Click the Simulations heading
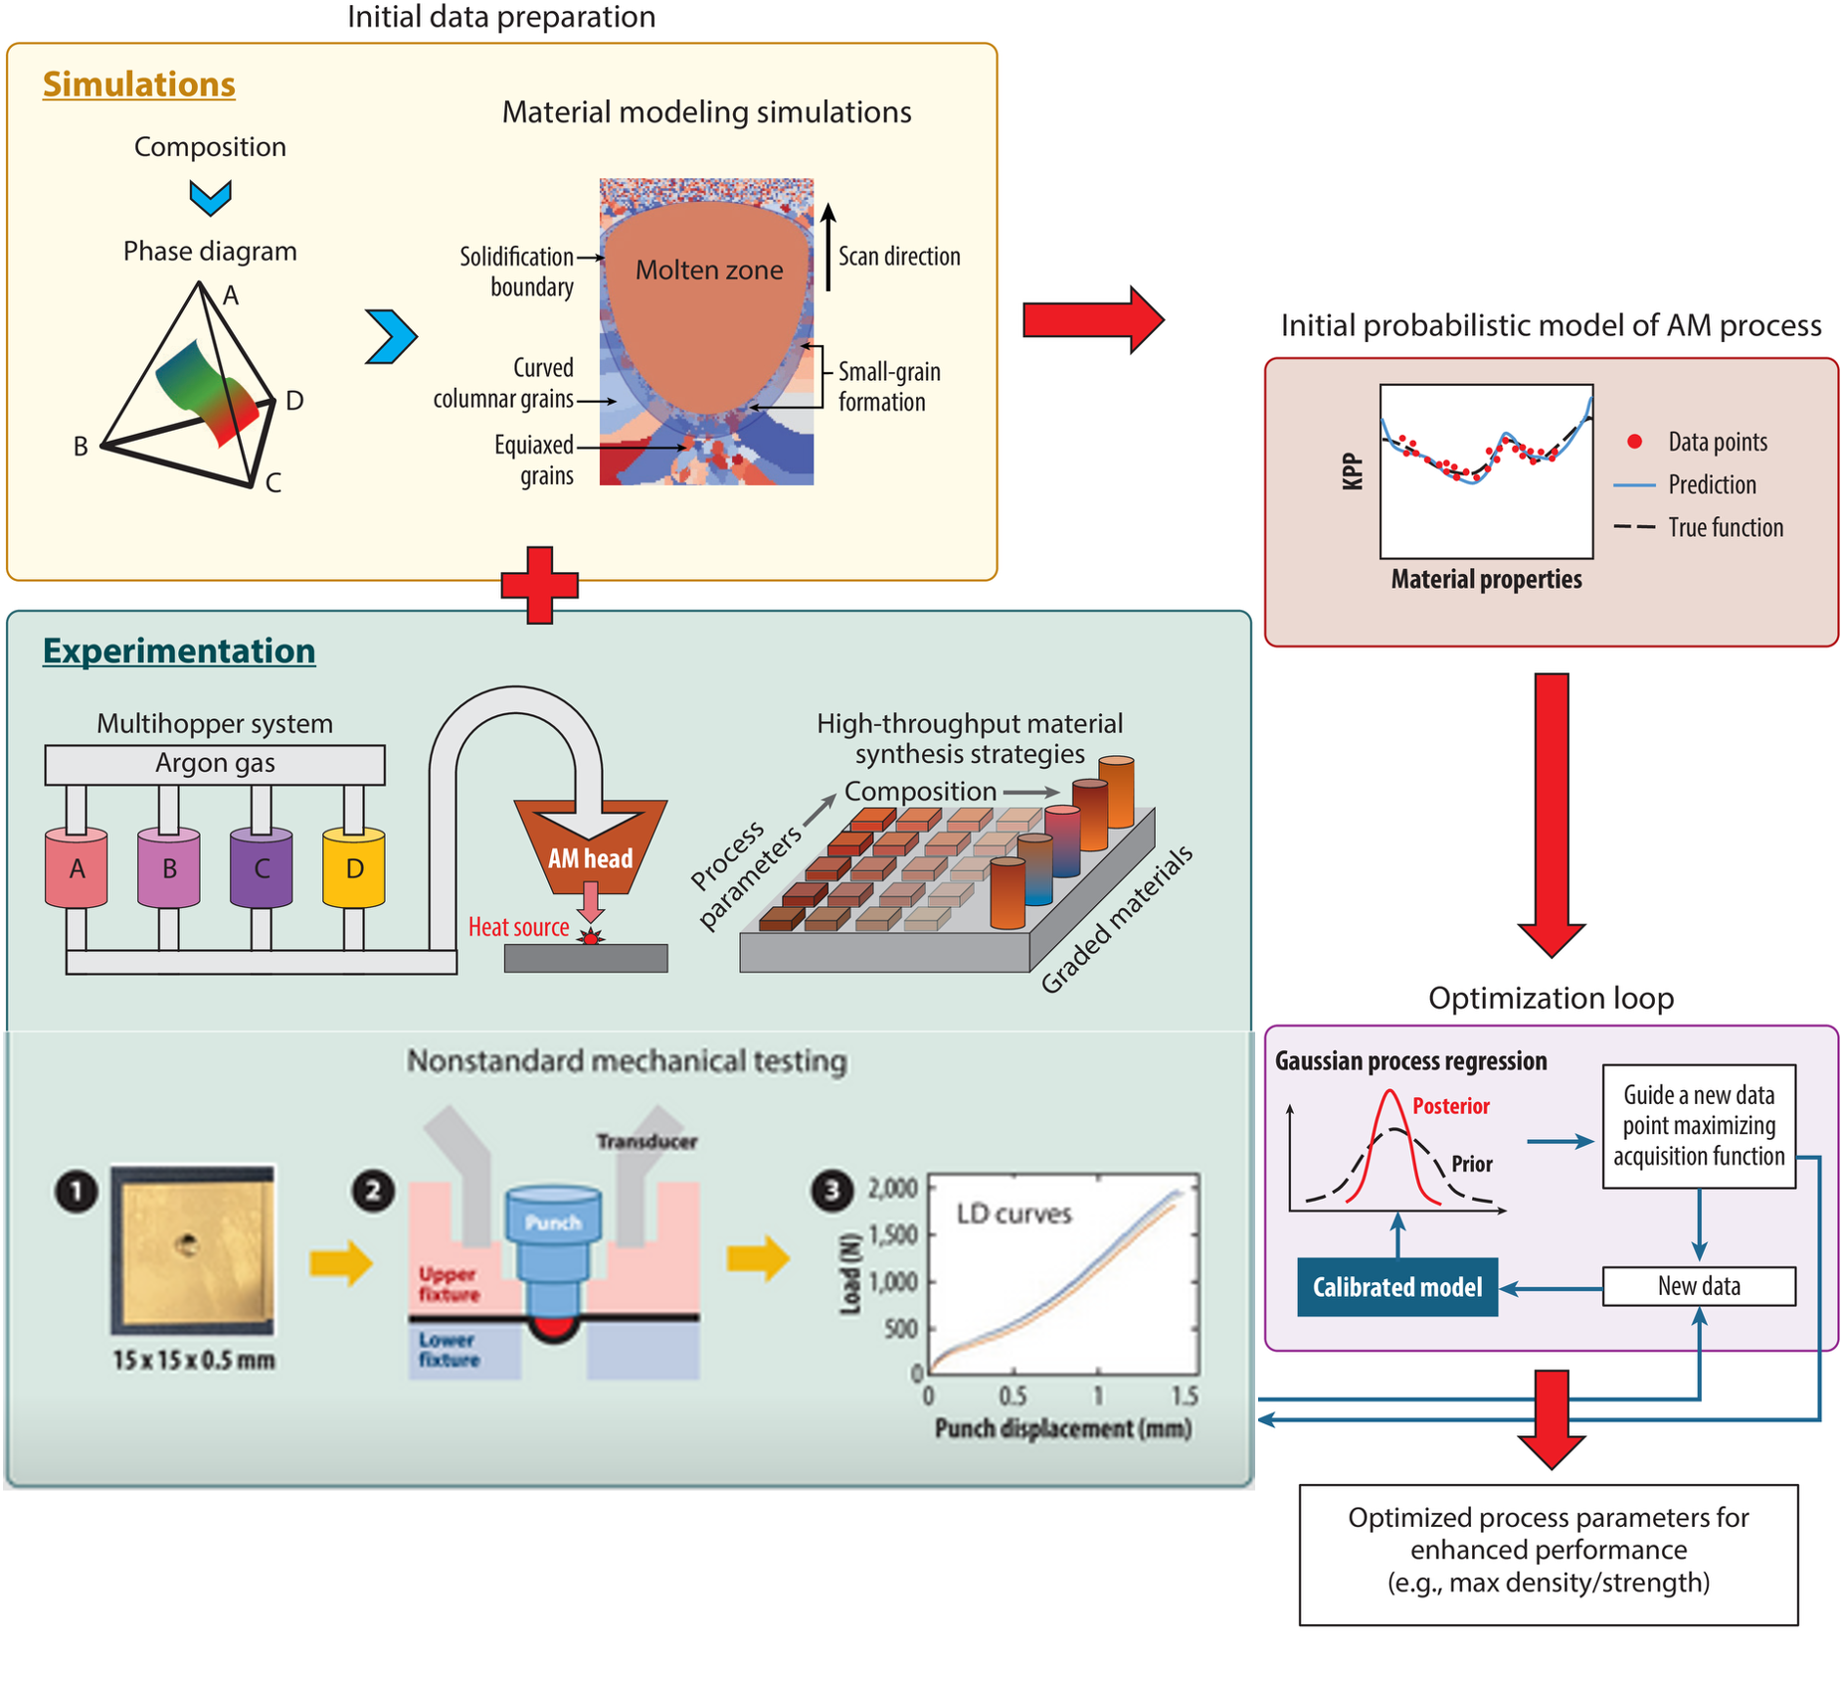(139, 85)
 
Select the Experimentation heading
(179, 651)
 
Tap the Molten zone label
(709, 270)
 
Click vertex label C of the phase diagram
(274, 483)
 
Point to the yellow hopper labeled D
(354, 868)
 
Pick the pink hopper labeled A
(77, 868)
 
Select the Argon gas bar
(215, 764)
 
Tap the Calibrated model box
(1397, 1287)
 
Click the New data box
(1699, 1286)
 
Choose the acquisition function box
(1699, 1126)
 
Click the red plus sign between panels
(539, 585)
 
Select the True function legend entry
(1701, 527)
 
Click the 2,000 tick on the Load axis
(892, 1188)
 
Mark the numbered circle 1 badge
(77, 1191)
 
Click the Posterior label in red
(1451, 1106)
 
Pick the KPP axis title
(1353, 471)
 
